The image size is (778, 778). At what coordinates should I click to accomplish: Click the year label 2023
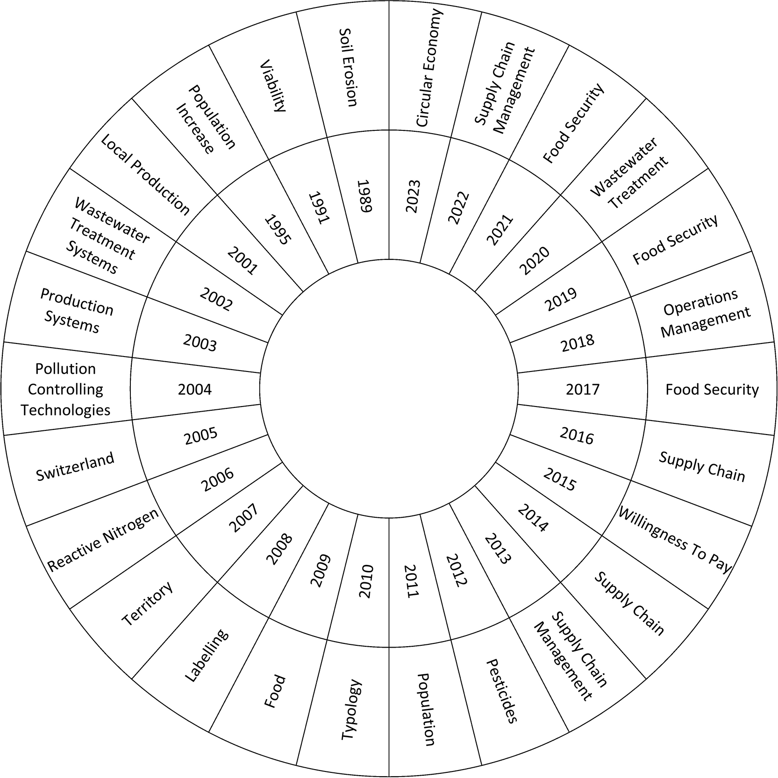(414, 196)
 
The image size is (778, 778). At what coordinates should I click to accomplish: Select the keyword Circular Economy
(428, 68)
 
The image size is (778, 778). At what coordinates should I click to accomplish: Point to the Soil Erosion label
(348, 67)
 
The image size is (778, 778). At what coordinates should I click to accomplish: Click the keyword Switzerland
(75, 466)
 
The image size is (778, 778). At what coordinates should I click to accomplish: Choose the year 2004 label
(195, 389)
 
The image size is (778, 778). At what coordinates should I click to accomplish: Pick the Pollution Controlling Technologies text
(65, 389)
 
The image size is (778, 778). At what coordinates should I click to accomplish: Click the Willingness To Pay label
(675, 540)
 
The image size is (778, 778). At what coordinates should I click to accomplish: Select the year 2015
(560, 480)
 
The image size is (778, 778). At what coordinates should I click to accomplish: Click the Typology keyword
(351, 710)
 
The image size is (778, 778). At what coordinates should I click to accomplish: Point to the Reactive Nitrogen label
(103, 540)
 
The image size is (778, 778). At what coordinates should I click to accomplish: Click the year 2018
(578, 343)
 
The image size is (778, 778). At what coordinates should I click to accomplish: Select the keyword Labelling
(207, 655)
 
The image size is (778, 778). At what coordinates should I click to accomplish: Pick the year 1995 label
(278, 229)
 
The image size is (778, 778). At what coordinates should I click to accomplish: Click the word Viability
(272, 86)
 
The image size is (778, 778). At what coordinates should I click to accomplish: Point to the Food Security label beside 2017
(712, 390)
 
